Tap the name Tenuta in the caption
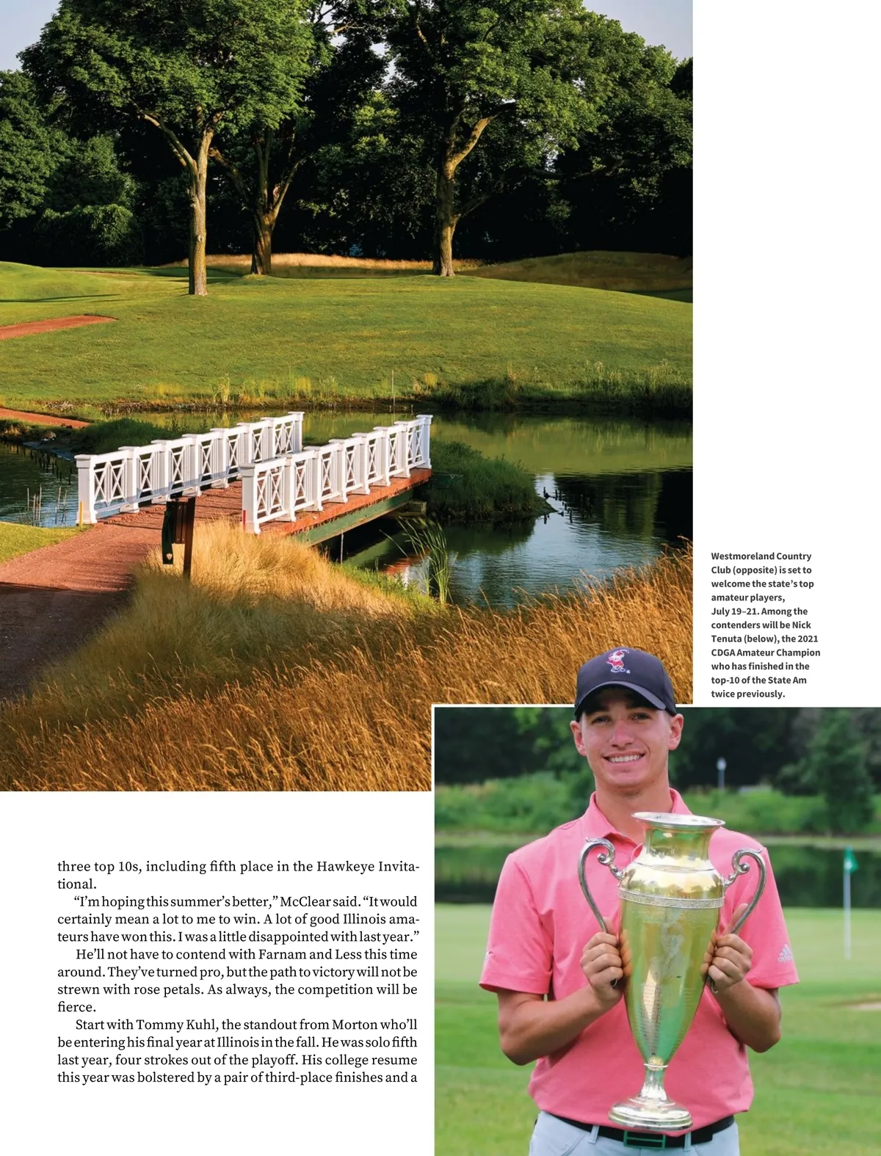(727, 639)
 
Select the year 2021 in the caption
(808, 639)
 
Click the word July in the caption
(720, 611)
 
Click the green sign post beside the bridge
(178, 530)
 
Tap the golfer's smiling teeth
(625, 758)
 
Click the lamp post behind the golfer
(721, 778)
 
